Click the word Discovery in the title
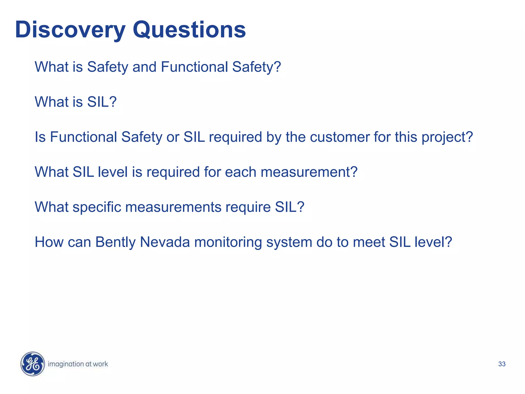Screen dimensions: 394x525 [x=70, y=30]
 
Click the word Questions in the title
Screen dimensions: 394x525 [x=189, y=30]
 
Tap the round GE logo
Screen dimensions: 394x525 [x=33, y=364]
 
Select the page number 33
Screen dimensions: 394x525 [x=502, y=364]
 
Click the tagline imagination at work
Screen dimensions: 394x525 [x=78, y=364]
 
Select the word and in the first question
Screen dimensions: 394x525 [x=144, y=67]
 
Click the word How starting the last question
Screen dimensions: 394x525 [x=49, y=242]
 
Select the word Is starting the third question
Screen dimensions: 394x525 [x=40, y=137]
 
